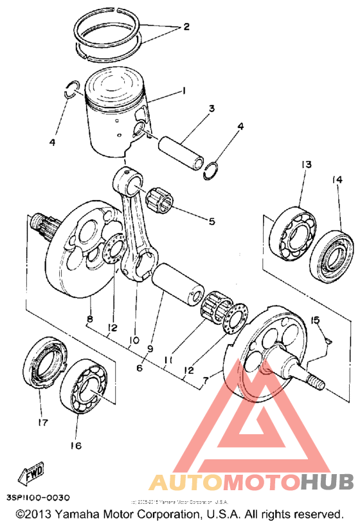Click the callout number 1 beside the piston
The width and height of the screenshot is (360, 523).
(x=184, y=91)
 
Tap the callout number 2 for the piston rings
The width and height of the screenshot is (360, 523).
(x=186, y=27)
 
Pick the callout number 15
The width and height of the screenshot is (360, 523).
(x=315, y=320)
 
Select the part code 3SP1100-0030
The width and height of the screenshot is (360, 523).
(x=38, y=498)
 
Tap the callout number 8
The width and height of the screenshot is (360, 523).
(x=90, y=318)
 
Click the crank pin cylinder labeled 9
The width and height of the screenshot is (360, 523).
(x=179, y=284)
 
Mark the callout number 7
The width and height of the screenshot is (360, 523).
(x=205, y=382)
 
